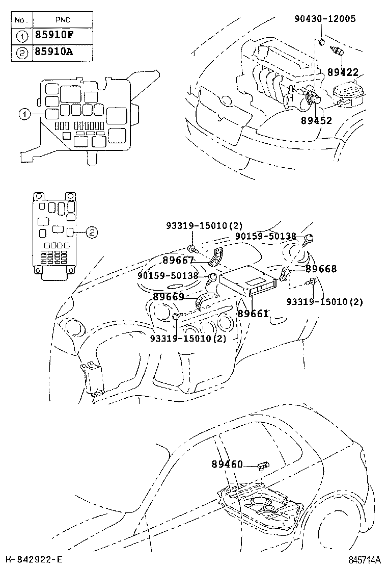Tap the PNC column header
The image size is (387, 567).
(63, 20)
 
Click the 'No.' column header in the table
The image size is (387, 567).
(21, 20)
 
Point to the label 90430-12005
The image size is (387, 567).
(325, 19)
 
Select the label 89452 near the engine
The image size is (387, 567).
(316, 121)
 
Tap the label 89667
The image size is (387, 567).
(178, 260)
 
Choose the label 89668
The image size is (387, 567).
(321, 269)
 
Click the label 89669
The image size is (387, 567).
(169, 296)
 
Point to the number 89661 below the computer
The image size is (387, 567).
(253, 314)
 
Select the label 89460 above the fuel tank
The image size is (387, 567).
(227, 465)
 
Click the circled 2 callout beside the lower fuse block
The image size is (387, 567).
(91, 232)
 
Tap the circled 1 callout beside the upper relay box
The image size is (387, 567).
(24, 115)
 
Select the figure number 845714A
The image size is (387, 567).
(364, 560)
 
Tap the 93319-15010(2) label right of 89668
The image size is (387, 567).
(324, 301)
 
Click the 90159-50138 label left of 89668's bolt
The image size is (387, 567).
(265, 236)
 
